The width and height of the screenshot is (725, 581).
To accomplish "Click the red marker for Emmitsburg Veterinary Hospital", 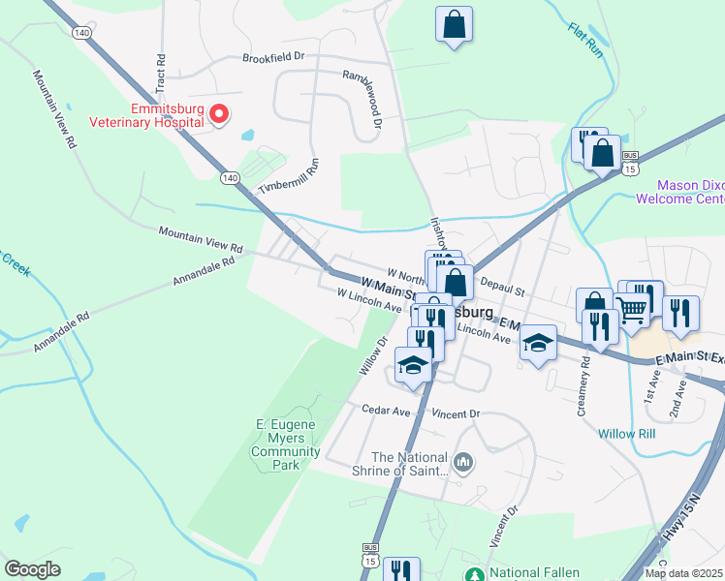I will point(219,114).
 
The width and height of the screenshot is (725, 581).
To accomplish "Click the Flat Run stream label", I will point(585,40).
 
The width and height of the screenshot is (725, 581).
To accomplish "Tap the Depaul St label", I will point(502,289).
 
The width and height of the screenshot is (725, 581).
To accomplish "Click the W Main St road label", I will point(389,288).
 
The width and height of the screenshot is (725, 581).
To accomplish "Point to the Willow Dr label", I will point(373,355).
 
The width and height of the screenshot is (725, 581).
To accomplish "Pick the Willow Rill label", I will point(626,434).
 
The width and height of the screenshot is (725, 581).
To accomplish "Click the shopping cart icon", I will point(632,309).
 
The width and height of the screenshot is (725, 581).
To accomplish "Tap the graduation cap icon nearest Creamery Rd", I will point(539,342).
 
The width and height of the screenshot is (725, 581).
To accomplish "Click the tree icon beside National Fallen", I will point(474,573).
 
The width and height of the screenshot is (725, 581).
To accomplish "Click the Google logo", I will point(32,569).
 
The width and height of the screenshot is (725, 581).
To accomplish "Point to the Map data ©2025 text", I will point(683,573).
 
